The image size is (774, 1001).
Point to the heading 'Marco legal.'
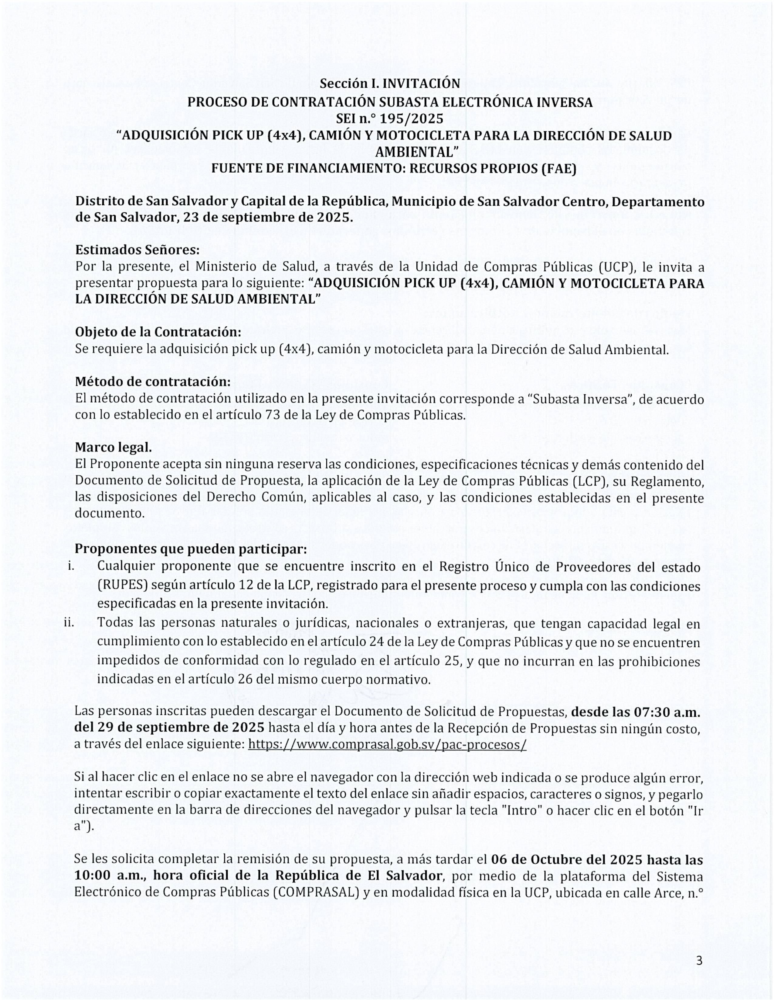(x=113, y=447)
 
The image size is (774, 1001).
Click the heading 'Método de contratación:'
(x=153, y=381)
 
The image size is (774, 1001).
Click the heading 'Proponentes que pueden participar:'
(x=191, y=549)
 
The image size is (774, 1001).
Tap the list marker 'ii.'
(x=69, y=623)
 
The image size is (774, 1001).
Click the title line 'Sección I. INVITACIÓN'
(x=390, y=83)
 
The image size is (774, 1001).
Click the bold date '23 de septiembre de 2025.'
(x=268, y=217)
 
